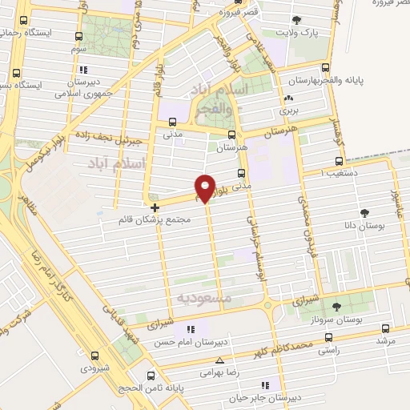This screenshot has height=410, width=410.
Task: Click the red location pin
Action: pos(207,187)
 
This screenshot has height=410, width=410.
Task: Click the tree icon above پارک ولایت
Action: pos(298,19)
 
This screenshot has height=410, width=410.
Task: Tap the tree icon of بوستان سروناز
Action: pos(336,306)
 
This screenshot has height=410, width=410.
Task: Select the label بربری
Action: pos(287,111)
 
